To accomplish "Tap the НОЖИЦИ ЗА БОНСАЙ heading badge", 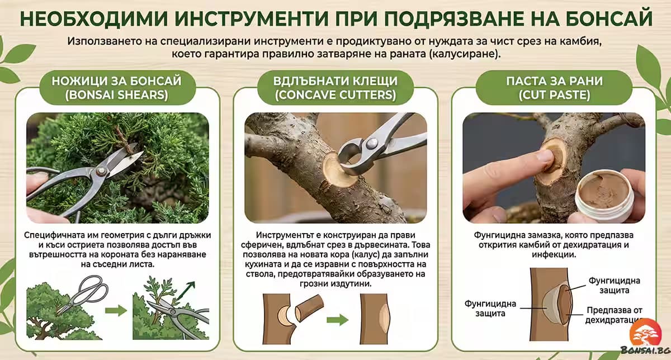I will point(117,88).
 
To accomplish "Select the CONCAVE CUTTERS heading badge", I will point(335,88).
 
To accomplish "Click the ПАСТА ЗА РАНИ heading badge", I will point(554,88).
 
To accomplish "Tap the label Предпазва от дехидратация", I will point(613,315).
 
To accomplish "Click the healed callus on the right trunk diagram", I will point(385,318).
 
